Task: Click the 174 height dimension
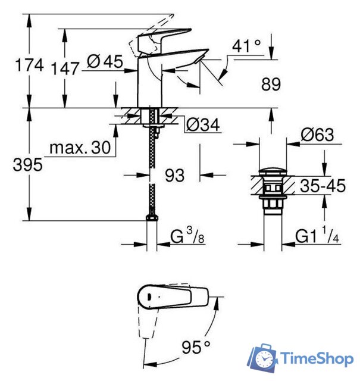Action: (29, 65)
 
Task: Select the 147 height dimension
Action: (65, 68)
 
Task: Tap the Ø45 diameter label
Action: (105, 61)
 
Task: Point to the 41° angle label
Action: (246, 46)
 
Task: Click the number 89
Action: (271, 85)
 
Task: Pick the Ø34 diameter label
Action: (204, 124)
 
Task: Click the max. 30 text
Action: (80, 147)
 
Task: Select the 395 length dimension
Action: (28, 164)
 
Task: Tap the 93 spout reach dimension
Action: (175, 175)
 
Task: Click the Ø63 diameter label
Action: (317, 135)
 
